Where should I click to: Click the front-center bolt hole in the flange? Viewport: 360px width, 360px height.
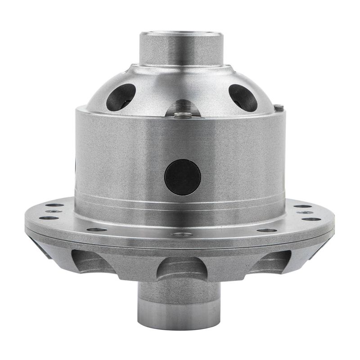point(182,234)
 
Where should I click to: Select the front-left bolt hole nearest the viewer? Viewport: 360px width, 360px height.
point(97,229)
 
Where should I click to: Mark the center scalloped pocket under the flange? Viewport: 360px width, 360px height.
point(182,268)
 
